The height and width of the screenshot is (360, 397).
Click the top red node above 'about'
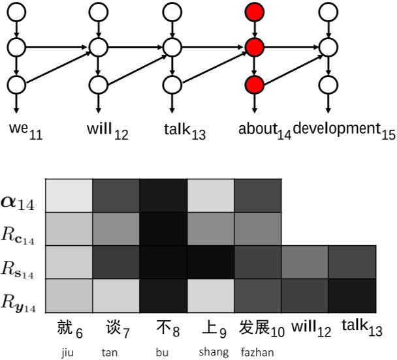click(255, 11)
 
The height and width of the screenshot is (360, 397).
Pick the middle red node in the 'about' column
click(255, 47)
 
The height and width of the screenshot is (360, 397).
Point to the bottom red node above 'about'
click(255, 84)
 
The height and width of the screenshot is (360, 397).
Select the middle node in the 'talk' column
click(172, 47)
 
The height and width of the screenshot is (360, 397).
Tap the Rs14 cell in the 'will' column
click(305, 262)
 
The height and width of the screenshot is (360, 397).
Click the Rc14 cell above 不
click(163, 229)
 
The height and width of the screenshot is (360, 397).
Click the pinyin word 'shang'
click(210, 353)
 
